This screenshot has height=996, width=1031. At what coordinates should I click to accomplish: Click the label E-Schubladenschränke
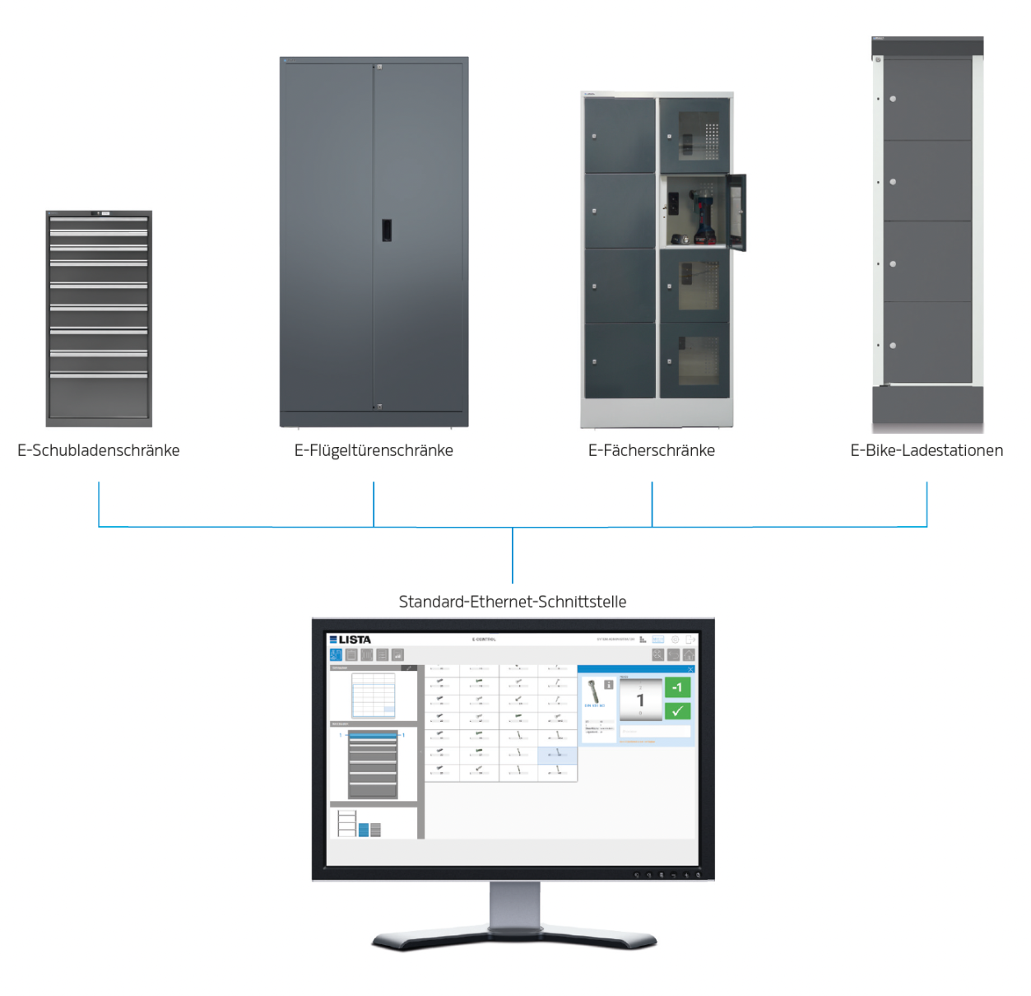tap(99, 450)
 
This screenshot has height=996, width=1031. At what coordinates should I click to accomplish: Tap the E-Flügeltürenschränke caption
tap(374, 450)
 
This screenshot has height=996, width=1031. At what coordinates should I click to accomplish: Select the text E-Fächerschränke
tap(652, 450)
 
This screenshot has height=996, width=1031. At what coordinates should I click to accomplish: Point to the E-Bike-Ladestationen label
tap(927, 450)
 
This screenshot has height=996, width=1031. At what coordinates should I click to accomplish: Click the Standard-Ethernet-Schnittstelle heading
tap(513, 602)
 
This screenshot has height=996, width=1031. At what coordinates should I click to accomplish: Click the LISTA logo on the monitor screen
tap(351, 640)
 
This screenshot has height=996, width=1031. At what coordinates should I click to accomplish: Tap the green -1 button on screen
tap(677, 687)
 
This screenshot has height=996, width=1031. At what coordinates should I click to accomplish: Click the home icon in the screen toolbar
tap(689, 655)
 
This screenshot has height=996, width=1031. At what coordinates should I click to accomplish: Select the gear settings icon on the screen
tap(675, 640)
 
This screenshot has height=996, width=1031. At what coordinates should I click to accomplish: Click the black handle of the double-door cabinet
tap(386, 230)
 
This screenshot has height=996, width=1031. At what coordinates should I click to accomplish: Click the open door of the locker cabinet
tap(737, 212)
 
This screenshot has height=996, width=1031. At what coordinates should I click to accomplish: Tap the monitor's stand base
tap(514, 938)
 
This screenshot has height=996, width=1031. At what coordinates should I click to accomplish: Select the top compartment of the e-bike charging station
tap(927, 99)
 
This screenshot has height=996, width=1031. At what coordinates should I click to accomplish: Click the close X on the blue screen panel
tap(690, 669)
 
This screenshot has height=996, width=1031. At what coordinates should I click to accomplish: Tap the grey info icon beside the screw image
tap(609, 684)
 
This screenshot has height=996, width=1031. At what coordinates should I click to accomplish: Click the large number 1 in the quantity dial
tap(640, 700)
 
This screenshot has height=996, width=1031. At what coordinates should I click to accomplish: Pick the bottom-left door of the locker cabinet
tap(620, 361)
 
